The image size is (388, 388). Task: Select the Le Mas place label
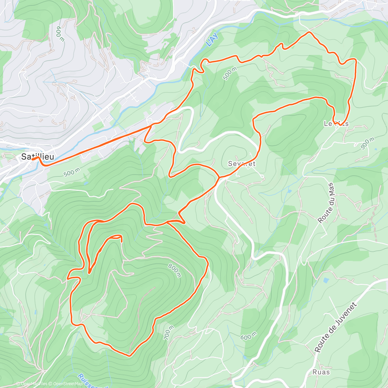click(x=336, y=124)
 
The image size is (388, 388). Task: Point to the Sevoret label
click(x=242, y=164)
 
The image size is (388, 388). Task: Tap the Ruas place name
click(x=321, y=372)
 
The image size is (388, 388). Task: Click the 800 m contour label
click(x=175, y=270)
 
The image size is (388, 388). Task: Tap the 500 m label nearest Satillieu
click(x=72, y=172)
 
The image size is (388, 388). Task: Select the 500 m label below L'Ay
click(x=230, y=73)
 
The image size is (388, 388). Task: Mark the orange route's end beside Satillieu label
click(x=32, y=159)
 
